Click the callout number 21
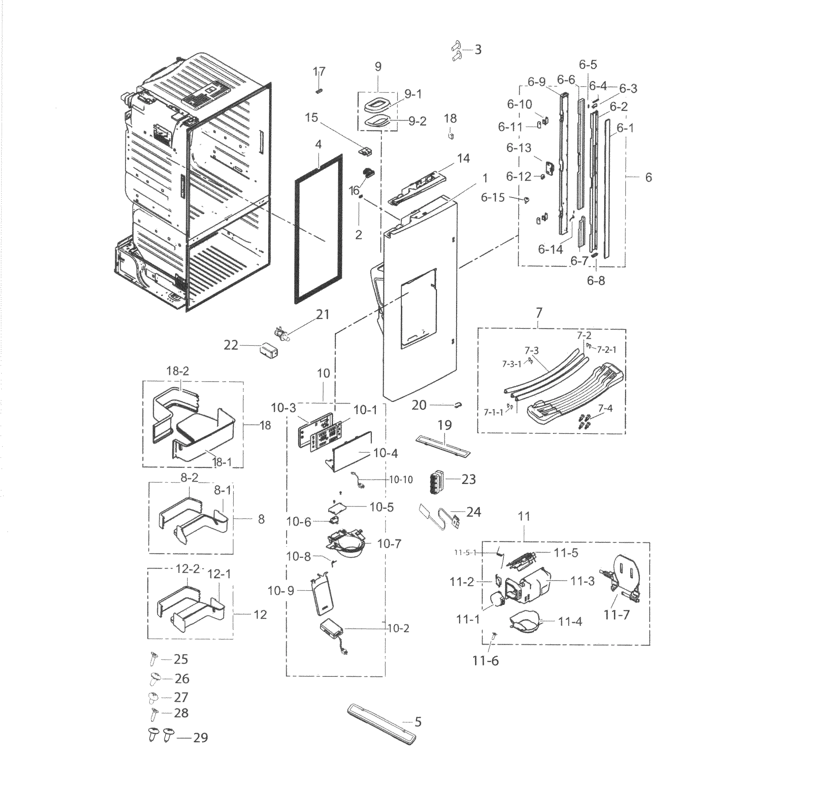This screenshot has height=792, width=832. tap(323, 314)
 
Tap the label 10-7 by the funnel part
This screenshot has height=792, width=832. tap(389, 544)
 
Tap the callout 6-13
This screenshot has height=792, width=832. tap(519, 148)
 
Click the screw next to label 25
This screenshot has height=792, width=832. tap(153, 659)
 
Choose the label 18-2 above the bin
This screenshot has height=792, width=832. tap(178, 371)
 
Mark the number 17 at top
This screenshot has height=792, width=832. tap(319, 71)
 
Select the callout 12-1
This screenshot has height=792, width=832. tap(219, 574)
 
